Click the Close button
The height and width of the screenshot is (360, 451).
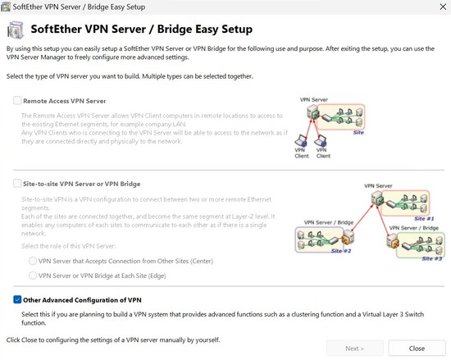[x=417, y=348]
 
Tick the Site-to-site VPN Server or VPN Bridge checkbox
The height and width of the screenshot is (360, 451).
[x=18, y=185]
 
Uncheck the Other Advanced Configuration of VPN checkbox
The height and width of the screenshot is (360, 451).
[x=18, y=299]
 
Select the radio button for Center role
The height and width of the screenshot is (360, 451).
[x=33, y=260]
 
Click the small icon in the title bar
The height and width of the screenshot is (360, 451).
[x=7, y=7]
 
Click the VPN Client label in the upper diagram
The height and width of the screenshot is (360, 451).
[x=303, y=153]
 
